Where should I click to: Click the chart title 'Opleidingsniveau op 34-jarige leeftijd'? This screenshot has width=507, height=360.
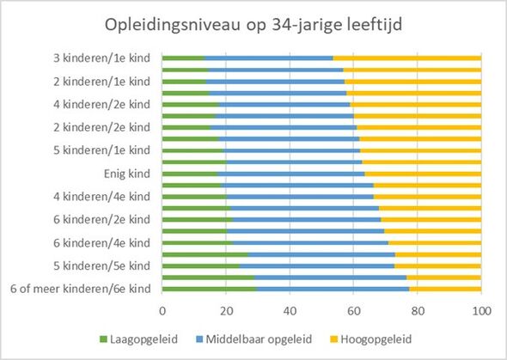pos(253,25)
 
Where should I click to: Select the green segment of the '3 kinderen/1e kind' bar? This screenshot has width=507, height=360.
pos(183,58)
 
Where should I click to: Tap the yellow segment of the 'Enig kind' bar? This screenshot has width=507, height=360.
pos(423,174)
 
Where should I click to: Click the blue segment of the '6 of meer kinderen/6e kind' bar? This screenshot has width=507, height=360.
pos(333,289)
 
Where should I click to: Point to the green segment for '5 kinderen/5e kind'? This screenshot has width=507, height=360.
pos(201,266)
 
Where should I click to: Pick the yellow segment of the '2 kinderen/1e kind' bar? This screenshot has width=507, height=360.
pos(413,82)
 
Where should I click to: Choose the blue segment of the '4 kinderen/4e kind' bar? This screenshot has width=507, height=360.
pos(300,197)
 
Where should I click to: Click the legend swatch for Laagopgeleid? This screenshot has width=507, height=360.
pos(103,339)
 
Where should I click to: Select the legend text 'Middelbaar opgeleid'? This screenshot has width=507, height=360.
pos(259,339)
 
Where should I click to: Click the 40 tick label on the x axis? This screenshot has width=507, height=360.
pos(290,311)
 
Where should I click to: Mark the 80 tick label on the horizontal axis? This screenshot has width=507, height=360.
pos(418,311)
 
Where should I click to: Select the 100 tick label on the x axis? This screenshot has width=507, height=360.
pos(481,311)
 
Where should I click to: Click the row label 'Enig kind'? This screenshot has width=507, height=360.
pos(127,174)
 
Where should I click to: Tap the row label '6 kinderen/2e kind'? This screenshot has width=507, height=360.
pos(102,220)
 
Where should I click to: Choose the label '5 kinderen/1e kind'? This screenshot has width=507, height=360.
pos(102,150)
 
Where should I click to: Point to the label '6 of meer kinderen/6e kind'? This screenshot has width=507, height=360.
pos(81,289)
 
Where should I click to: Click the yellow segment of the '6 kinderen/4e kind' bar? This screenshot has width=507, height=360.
pos(435,243)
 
